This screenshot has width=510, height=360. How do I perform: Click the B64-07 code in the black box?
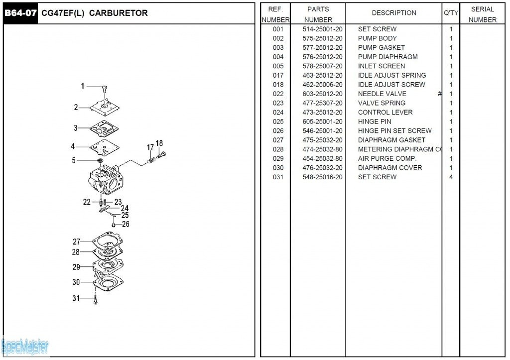[x=20, y=13]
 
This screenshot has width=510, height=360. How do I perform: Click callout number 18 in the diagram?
[x=159, y=143]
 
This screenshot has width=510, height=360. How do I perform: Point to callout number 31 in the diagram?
[x=76, y=298]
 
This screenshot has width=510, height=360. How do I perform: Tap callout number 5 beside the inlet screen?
[x=74, y=160]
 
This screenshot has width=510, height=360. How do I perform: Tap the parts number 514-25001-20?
[x=322, y=29]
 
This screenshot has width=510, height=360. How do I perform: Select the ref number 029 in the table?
[x=278, y=159]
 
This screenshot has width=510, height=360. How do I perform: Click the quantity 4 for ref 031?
[x=451, y=177]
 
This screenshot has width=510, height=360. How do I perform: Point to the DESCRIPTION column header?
[x=394, y=13]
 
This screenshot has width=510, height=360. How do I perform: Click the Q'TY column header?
[x=451, y=13]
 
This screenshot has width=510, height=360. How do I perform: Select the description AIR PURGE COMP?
[x=387, y=159]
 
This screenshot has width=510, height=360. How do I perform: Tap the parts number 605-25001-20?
[x=322, y=121]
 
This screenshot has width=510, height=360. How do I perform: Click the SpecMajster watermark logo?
[x=25, y=345]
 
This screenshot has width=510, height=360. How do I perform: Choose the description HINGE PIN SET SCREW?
[x=394, y=131]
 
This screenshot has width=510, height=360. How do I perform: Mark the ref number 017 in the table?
[x=278, y=76]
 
